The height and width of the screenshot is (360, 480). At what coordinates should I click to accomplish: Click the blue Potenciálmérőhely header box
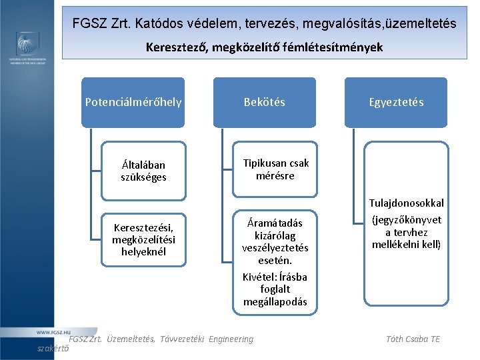point(133,102)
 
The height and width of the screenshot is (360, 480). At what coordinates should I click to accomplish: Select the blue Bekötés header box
point(264,102)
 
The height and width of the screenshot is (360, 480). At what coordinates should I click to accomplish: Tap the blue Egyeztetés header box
point(396,102)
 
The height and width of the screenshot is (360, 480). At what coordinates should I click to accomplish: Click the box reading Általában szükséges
point(143,171)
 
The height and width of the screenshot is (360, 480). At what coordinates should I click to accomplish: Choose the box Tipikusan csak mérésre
point(275,169)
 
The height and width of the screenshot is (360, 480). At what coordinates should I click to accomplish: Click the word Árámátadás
point(275,223)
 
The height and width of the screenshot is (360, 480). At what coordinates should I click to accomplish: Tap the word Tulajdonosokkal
point(406,203)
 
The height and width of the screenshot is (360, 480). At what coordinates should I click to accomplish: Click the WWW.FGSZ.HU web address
point(53,331)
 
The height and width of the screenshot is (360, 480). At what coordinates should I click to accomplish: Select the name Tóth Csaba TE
point(413,339)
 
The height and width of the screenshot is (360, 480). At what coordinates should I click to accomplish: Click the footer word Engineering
point(231,339)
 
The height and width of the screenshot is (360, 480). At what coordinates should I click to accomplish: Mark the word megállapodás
point(275,302)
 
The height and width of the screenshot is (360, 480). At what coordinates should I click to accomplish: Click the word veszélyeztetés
point(275,247)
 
